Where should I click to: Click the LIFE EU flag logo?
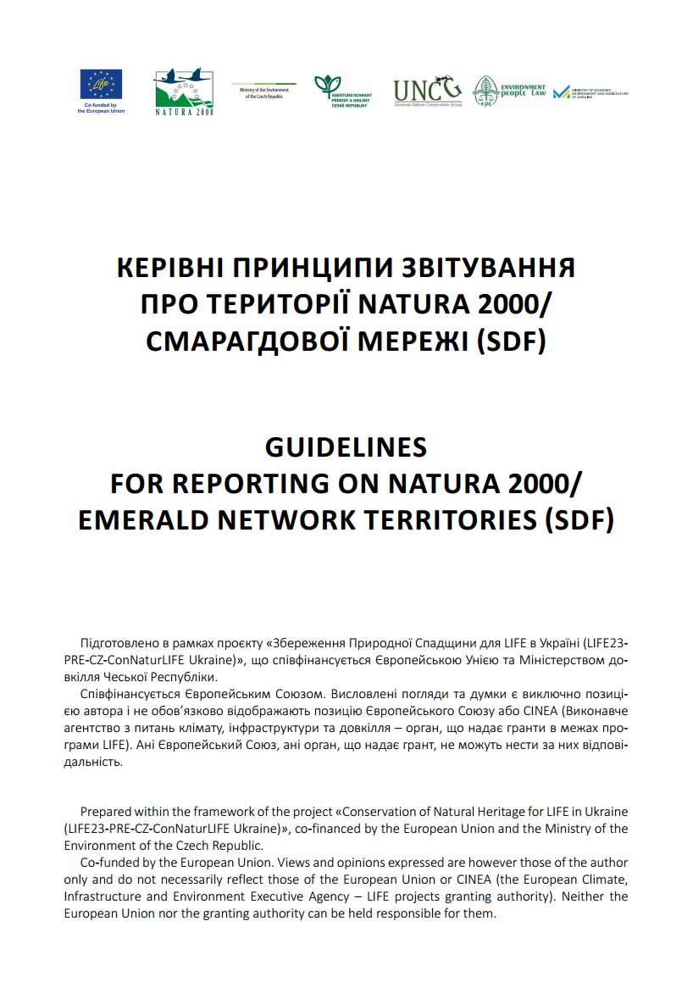click(101, 84)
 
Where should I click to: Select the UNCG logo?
click(427, 89)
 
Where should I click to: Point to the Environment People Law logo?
click(508, 91)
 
